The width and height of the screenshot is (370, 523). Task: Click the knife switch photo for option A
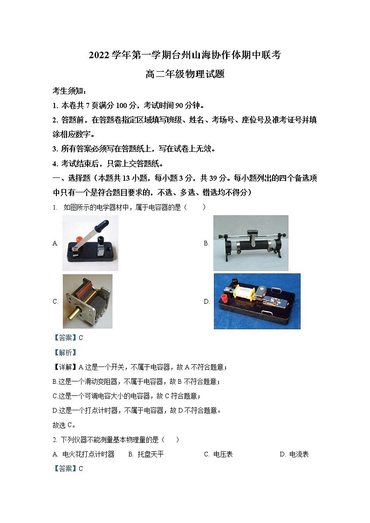click(90, 243)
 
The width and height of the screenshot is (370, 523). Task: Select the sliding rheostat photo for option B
click(251, 243)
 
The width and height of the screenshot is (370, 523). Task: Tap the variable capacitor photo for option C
click(88, 301)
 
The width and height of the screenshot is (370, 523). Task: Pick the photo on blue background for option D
click(257, 301)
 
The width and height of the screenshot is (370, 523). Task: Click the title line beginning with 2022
click(185, 55)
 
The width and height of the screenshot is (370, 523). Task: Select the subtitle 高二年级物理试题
click(185, 74)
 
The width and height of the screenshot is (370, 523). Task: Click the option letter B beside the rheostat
click(206, 243)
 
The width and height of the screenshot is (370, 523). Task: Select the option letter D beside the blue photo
click(206, 301)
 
